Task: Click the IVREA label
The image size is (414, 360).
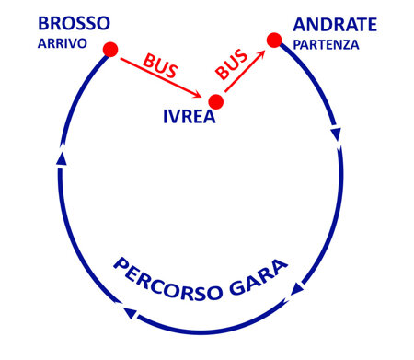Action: click(192, 118)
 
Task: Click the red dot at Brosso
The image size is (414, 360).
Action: click(110, 50)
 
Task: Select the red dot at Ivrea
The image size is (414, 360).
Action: click(216, 101)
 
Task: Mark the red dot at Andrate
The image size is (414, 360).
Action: click(273, 40)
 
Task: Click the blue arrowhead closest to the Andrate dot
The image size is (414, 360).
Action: click(336, 134)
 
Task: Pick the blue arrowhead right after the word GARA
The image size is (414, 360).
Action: click(296, 291)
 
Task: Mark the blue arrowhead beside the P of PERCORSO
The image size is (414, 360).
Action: click(131, 315)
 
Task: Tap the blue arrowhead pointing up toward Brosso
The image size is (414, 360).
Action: click(61, 158)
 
